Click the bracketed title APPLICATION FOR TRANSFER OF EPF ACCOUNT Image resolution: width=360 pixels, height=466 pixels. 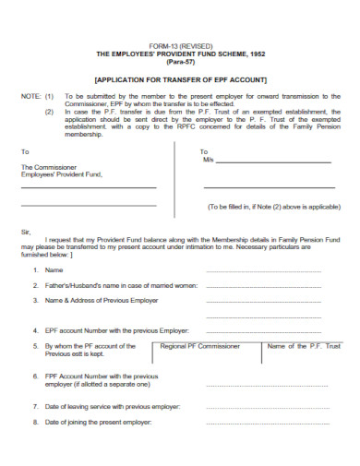tap(180, 79)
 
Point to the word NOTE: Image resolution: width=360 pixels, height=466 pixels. tap(30, 96)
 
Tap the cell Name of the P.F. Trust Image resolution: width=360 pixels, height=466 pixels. tap(304, 346)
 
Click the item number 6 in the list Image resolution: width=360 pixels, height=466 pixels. tap(34, 376)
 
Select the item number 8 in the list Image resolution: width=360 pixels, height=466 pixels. tap(34, 423)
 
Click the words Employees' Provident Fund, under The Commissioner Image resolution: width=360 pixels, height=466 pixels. tap(62, 174)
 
